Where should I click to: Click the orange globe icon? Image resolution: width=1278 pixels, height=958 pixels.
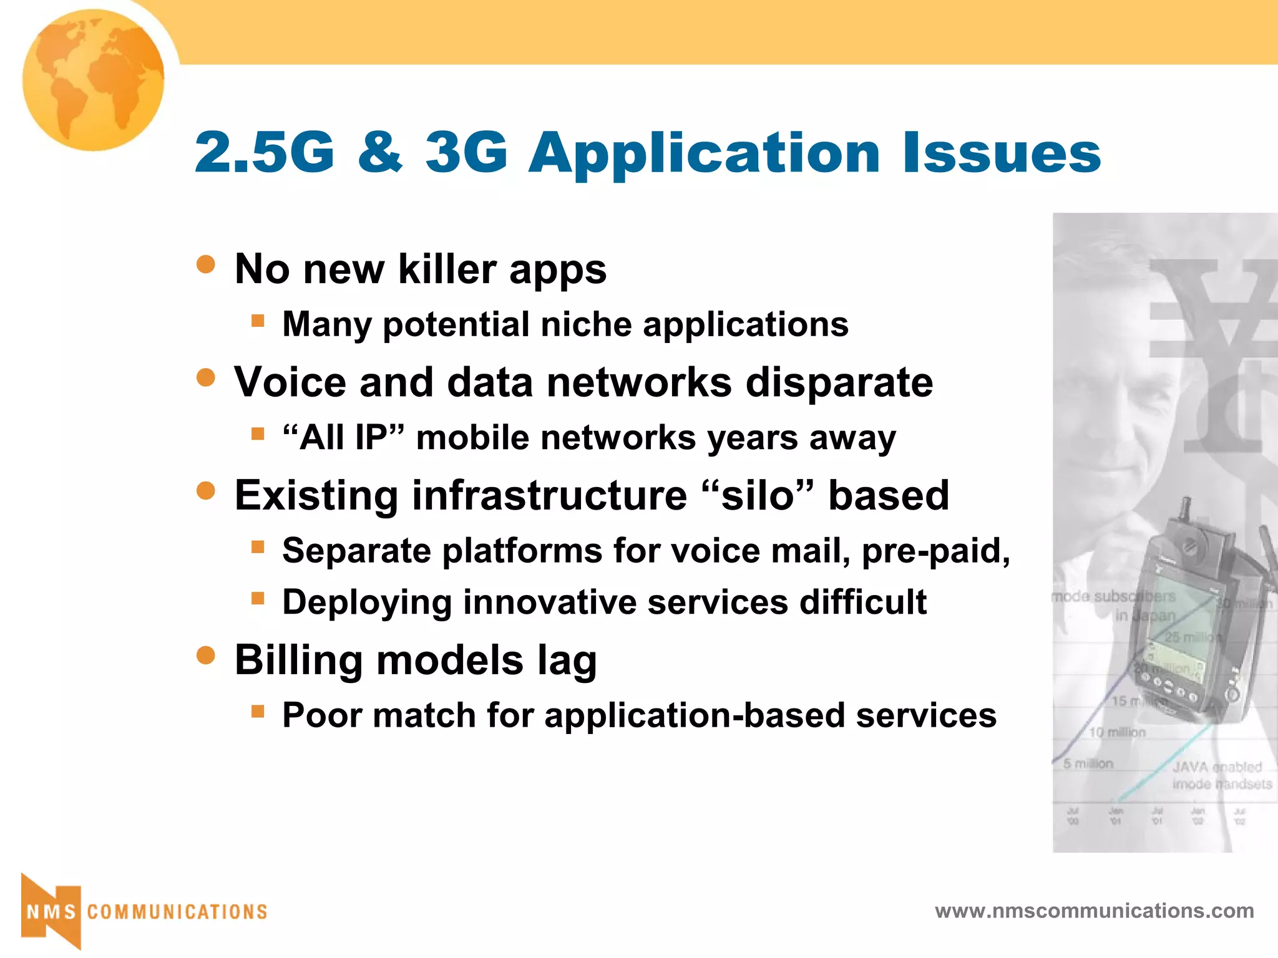94,80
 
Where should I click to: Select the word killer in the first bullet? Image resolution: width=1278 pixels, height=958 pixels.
447,269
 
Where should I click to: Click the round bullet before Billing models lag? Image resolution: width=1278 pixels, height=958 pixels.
205,655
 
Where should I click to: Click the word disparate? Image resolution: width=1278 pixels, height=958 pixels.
839,382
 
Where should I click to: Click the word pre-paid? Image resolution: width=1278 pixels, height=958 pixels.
935,551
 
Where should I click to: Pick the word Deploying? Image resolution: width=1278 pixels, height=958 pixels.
367,602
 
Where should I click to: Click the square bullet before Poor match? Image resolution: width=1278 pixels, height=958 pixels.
258,711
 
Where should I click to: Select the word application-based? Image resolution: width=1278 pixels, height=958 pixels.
695,715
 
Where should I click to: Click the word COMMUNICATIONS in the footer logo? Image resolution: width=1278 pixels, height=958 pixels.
177,912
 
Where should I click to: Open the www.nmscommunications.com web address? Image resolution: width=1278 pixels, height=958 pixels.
1094,911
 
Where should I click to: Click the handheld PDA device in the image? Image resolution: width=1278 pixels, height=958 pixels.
1183,624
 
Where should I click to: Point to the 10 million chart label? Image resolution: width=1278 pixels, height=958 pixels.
1117,732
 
